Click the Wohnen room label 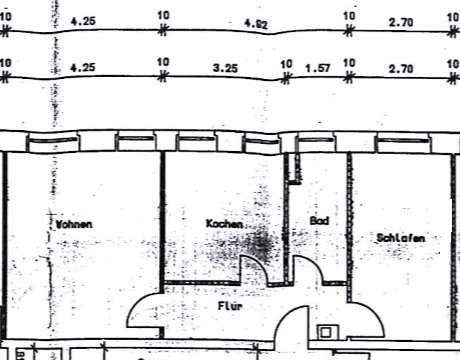pos(76,224)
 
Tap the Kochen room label pos(224,224)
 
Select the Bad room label pos(319,220)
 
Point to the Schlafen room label pos(402,238)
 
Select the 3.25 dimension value pos(224,69)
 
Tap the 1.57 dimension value pos(317,69)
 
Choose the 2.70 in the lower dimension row pos(400,69)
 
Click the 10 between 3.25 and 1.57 pos(286,64)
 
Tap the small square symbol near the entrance pos(326,333)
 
